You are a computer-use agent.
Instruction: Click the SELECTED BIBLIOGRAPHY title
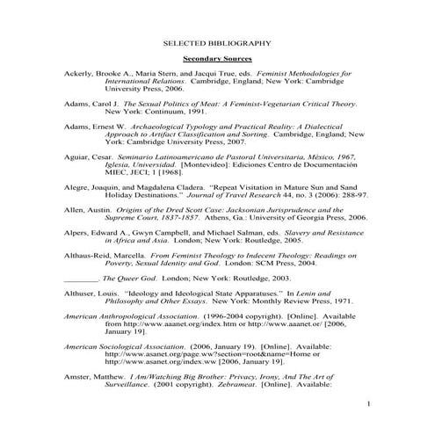pos(217,41)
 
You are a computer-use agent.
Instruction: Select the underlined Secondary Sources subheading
pos(217,58)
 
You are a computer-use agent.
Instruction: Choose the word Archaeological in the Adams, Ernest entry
pos(170,127)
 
